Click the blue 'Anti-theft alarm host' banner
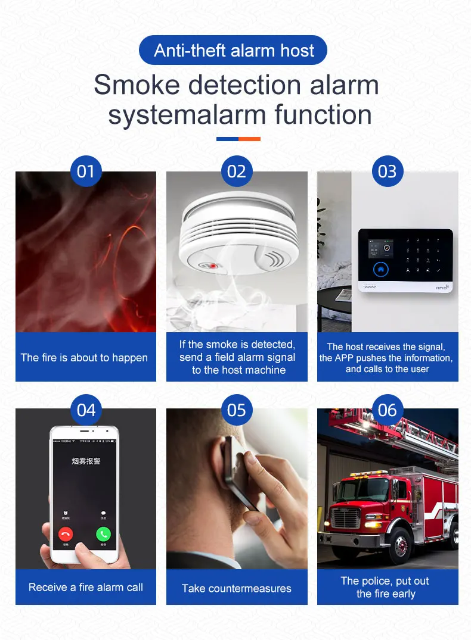233,50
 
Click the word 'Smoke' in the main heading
137,85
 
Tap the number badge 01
86,171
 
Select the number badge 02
237,171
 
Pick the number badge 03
388,171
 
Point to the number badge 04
86,410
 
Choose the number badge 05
237,410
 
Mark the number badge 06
388,410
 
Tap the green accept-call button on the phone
104,534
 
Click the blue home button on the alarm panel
380,269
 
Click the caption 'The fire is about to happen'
84,357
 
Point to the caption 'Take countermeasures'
237,588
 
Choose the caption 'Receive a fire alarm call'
86,587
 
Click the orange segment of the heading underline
249,139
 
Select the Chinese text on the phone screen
86,461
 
